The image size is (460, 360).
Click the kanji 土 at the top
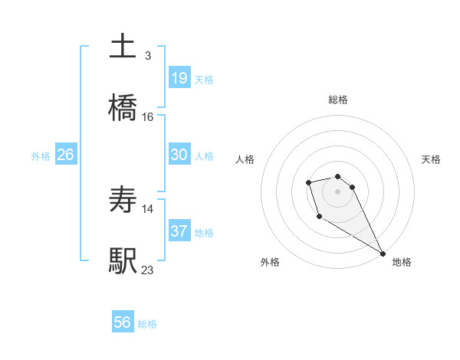coord(123,47)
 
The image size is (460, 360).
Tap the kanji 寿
coord(123,200)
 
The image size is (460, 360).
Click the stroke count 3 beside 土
coord(147,56)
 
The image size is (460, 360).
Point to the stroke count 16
coord(147,117)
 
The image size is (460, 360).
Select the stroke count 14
coord(147,208)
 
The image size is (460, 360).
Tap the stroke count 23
coord(147,270)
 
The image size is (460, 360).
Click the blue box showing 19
coord(179,77)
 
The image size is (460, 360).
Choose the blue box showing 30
coord(179,155)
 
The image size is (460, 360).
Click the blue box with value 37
coord(179,231)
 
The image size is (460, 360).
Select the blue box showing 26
coord(65,155)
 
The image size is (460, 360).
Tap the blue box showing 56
coord(123,322)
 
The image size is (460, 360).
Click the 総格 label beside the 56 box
coord(147,324)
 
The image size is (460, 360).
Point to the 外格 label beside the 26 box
coord(41,156)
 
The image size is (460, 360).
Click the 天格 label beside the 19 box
coord(204,79)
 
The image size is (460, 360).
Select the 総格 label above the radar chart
coord(338,100)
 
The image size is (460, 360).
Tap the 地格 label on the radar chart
coord(402,262)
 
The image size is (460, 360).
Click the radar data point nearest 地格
coord(383,254)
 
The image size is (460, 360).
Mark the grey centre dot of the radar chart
coord(337,191)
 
